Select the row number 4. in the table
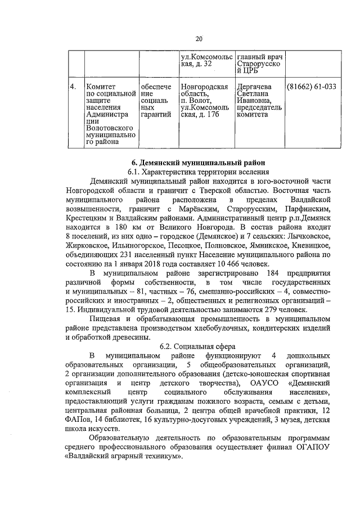pyautogui.click(x=73, y=87)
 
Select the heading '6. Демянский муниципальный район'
pyautogui.click(x=197, y=161)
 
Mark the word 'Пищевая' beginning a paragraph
pyautogui.click(x=108, y=319)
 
